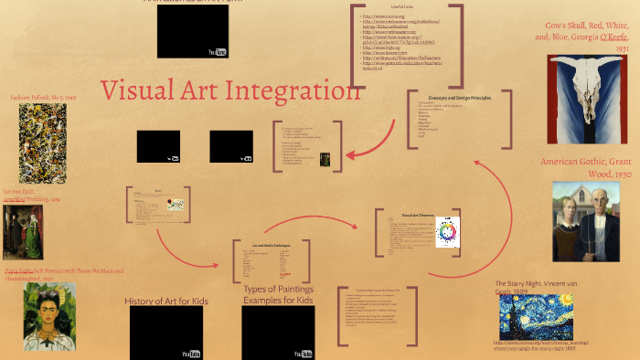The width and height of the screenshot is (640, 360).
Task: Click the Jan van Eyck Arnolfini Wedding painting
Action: pyautogui.click(x=23, y=231)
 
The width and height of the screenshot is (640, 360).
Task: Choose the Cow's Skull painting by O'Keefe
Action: pyautogui.click(x=586, y=100)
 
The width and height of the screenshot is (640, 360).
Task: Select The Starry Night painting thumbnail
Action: pyautogui.click(x=549, y=316)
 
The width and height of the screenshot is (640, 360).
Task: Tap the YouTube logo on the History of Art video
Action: pyautogui.click(x=190, y=353)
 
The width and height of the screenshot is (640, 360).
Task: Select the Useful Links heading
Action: pyautogui.click(x=402, y=7)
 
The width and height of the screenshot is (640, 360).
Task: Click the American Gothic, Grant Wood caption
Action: pyautogui.click(x=586, y=166)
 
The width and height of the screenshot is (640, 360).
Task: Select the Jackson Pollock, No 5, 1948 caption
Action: pyautogui.click(x=43, y=96)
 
